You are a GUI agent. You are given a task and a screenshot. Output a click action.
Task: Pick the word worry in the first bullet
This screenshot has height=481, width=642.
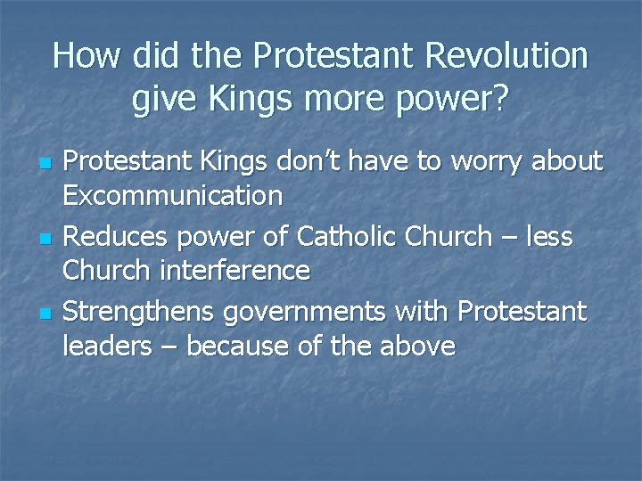point(489,162)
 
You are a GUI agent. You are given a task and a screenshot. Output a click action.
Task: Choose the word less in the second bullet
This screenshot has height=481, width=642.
point(550,237)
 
